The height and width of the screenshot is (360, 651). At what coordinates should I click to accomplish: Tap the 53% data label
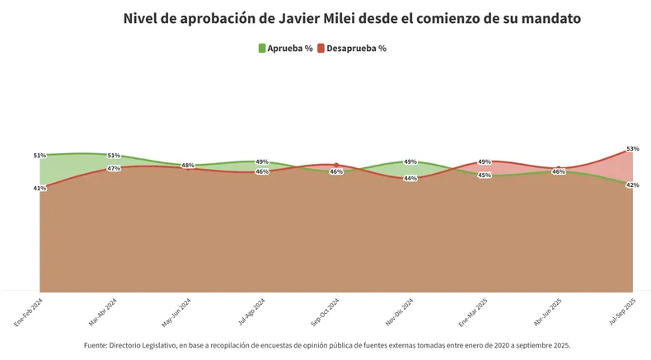632,149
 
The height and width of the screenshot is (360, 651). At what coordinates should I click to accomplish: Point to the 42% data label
632,185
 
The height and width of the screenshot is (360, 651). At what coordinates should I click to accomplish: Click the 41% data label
40,189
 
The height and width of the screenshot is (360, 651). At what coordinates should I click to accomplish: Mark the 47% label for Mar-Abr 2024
114,169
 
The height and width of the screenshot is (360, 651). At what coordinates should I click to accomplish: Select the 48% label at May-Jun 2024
188,166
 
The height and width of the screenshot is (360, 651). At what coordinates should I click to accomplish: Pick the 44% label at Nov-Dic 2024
410,179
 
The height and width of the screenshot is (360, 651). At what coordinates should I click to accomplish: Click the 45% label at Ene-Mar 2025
485,175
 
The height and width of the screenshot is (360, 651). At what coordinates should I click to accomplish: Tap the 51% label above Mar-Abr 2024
114,156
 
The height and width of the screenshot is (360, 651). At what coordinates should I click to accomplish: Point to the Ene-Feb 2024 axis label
29,312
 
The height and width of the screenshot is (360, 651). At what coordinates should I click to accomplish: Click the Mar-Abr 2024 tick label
103,312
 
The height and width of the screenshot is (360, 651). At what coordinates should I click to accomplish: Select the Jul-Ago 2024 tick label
251,312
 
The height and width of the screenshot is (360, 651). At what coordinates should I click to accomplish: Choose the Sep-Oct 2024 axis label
325,312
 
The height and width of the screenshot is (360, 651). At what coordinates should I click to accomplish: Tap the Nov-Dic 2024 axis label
400,312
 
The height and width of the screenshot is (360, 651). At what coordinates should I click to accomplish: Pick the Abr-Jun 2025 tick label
548,312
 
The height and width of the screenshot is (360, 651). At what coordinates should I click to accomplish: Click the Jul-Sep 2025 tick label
622,312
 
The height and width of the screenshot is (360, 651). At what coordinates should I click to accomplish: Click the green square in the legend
262,49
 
